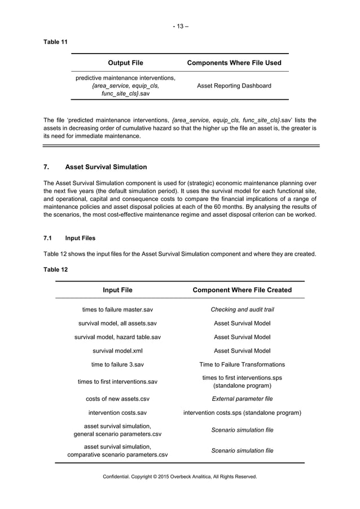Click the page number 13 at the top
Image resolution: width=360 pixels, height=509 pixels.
click(x=180, y=26)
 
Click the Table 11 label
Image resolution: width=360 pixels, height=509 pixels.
click(x=55, y=42)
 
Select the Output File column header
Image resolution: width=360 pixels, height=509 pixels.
click(x=125, y=63)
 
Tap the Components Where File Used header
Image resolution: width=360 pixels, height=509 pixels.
click(x=234, y=63)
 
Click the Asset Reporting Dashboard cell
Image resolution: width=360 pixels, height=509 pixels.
click(x=234, y=86)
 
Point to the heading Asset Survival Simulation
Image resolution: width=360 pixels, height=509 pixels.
click(x=106, y=167)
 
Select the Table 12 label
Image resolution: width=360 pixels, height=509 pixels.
click(x=55, y=269)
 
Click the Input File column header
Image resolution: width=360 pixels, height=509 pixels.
click(x=117, y=290)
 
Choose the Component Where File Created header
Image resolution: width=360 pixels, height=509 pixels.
click(x=242, y=290)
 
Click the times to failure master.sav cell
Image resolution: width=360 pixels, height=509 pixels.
click(x=117, y=309)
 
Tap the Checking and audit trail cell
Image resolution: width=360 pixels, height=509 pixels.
click(x=242, y=309)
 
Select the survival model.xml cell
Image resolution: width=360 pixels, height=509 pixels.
click(x=117, y=350)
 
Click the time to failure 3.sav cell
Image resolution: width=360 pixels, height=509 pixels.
click(x=117, y=365)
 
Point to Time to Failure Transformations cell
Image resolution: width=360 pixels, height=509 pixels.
click(x=242, y=365)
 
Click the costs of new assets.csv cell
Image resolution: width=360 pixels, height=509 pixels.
click(x=117, y=398)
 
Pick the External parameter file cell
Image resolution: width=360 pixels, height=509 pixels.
click(x=242, y=398)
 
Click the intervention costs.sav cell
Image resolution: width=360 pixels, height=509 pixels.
click(x=117, y=413)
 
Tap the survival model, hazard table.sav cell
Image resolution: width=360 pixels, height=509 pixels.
click(x=117, y=337)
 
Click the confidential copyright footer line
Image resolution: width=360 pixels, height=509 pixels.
click(x=180, y=477)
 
